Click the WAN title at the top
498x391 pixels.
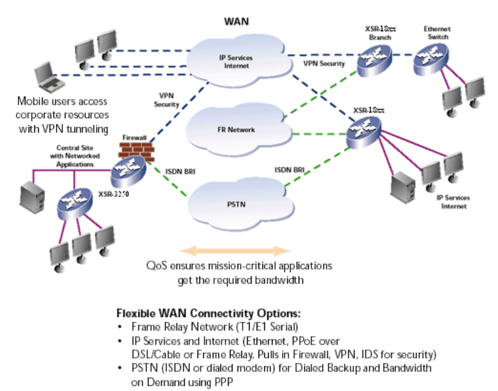pos(236,21)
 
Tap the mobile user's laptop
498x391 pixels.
pos(49,76)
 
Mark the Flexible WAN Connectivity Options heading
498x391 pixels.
pos(208,314)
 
